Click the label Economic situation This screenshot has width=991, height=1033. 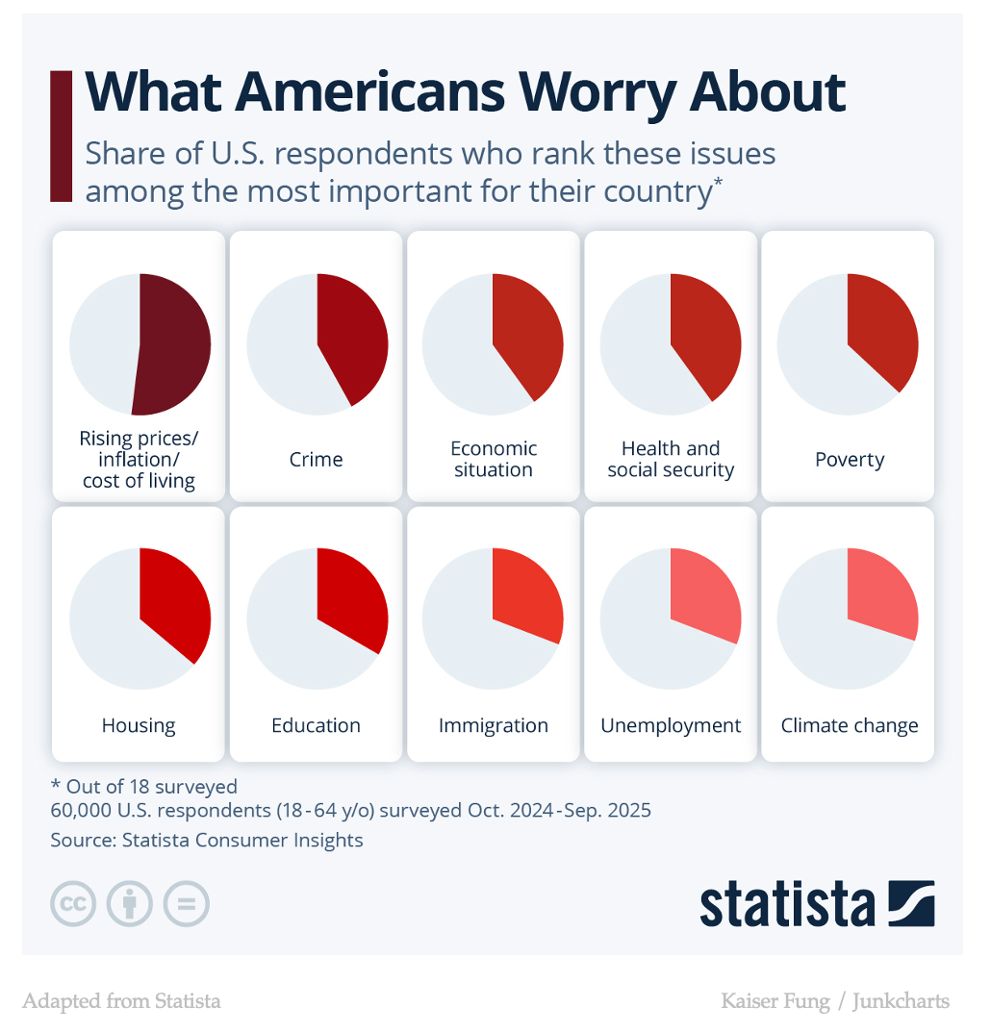pos(494,459)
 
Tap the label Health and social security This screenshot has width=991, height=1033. pos(671,459)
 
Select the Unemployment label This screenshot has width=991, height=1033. pos(671,725)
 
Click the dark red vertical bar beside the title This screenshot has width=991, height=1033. pos(61,136)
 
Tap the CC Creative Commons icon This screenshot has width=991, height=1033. pos(73,904)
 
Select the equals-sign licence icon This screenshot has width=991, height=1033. pos(187,904)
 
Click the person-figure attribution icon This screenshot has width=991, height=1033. pos(130,904)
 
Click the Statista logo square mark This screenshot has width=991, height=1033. pos(911,903)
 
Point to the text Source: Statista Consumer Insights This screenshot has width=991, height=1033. pos(207,840)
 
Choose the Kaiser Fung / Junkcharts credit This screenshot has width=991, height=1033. pos(835,1001)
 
